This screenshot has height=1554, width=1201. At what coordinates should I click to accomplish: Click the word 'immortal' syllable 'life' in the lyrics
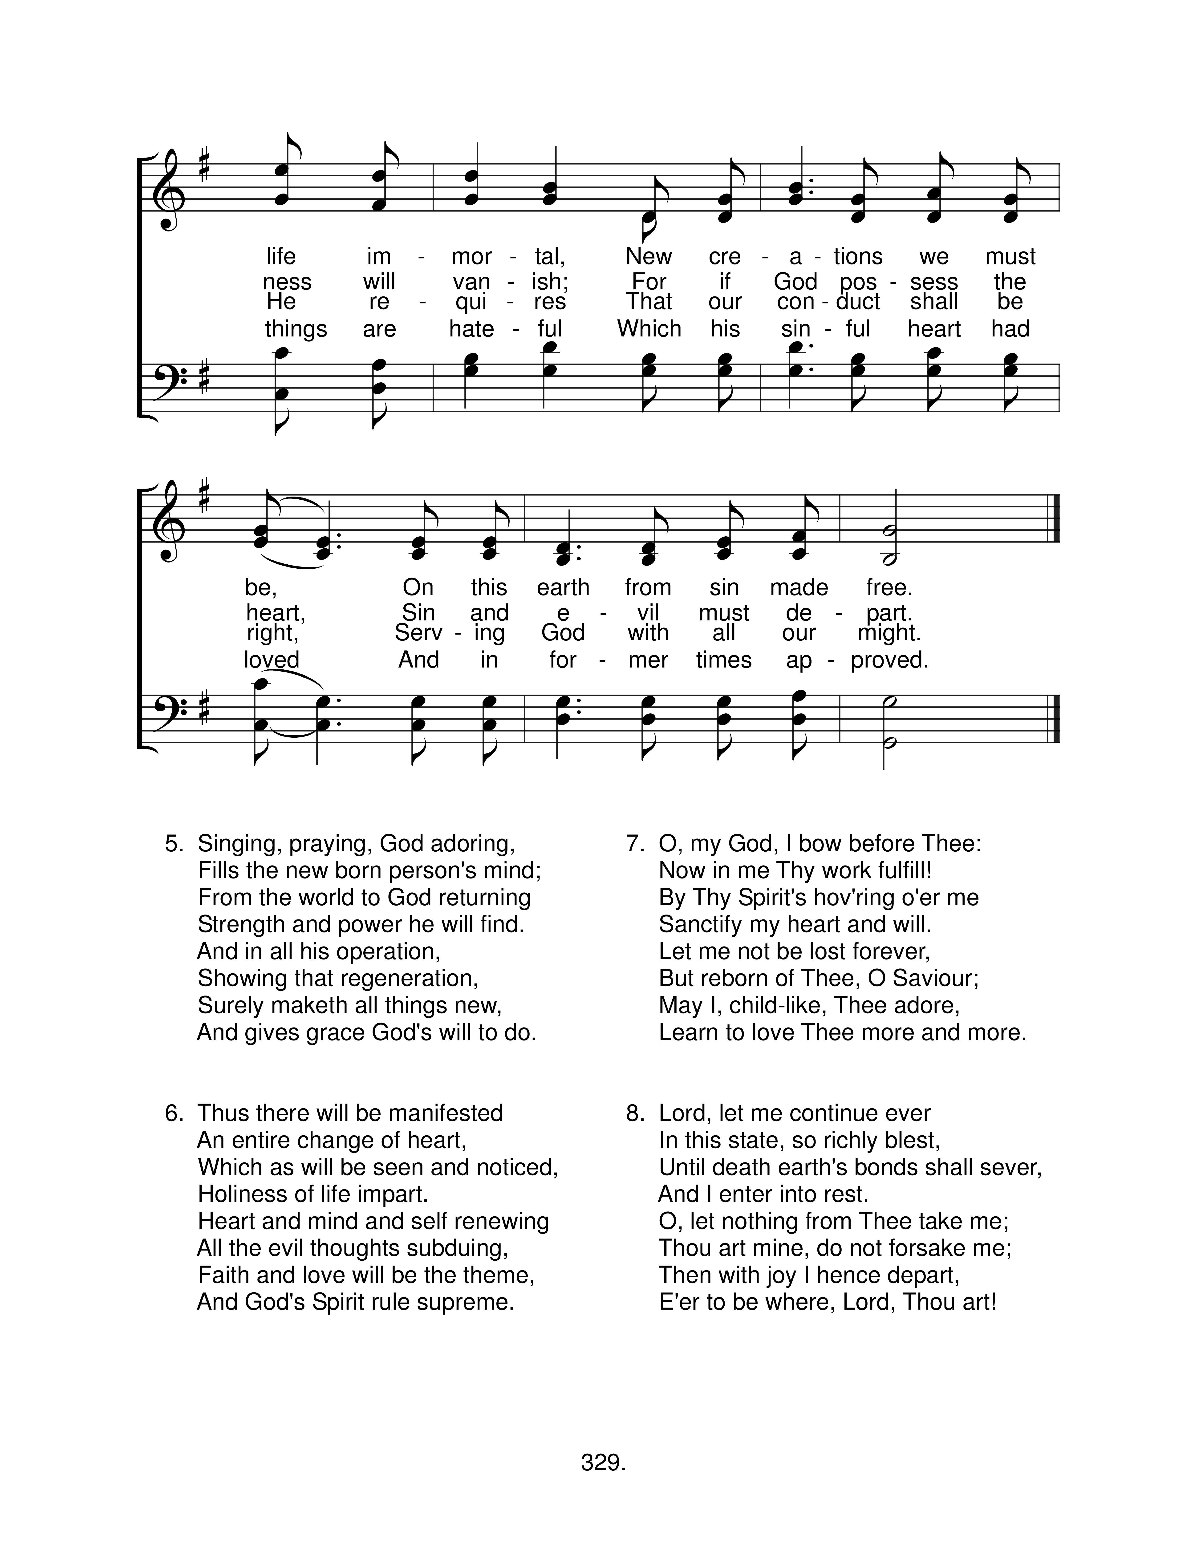click(281, 256)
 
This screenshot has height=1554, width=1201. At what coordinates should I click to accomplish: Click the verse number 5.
click(174, 844)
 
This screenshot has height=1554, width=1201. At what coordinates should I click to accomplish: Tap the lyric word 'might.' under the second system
click(889, 633)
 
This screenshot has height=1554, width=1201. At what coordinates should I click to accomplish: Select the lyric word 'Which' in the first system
click(649, 329)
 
